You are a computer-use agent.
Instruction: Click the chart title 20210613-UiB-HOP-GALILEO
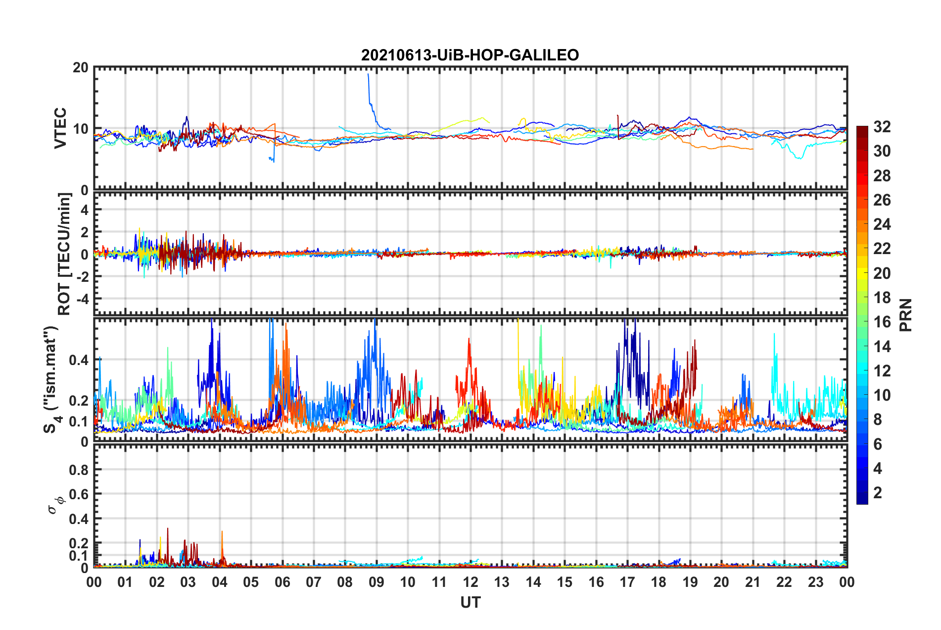tap(470, 55)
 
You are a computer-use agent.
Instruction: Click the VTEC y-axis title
tap(60, 128)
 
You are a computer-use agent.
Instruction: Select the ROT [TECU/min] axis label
tap(64, 254)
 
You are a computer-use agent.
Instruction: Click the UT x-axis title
tap(470, 602)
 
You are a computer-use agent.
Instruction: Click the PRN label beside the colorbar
tap(905, 315)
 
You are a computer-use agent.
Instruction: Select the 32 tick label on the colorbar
tap(882, 127)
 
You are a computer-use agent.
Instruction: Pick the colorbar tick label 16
tap(882, 322)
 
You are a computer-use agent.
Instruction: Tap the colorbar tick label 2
tap(878, 493)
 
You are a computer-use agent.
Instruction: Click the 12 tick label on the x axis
tap(470, 582)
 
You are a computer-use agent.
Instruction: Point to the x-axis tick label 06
tap(282, 582)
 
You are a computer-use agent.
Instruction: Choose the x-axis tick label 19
tap(690, 582)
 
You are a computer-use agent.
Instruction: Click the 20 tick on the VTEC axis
tap(80, 67)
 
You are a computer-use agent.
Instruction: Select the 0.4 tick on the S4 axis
tap(79, 360)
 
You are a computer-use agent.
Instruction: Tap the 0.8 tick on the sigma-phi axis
tap(79, 470)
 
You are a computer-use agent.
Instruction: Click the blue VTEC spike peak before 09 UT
tap(368, 75)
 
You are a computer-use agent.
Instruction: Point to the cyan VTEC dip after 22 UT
tap(800, 157)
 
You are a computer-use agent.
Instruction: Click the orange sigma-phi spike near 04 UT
tap(222, 532)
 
